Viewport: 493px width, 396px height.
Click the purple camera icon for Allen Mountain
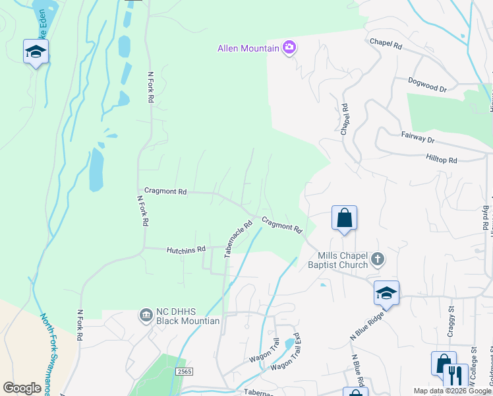[289, 48]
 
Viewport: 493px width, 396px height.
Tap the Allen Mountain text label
[249, 48]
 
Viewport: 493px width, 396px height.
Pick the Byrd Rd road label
[485, 218]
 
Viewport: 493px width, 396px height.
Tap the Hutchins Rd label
[186, 249]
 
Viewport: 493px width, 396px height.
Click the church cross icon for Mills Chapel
[377, 259]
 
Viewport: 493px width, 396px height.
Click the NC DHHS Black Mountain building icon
[146, 316]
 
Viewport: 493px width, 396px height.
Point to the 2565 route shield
[185, 373]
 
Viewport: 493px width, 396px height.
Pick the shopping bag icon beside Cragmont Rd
[344, 218]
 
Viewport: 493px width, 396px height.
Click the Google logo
[22, 388]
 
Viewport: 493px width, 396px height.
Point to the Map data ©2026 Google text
[451, 391]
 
